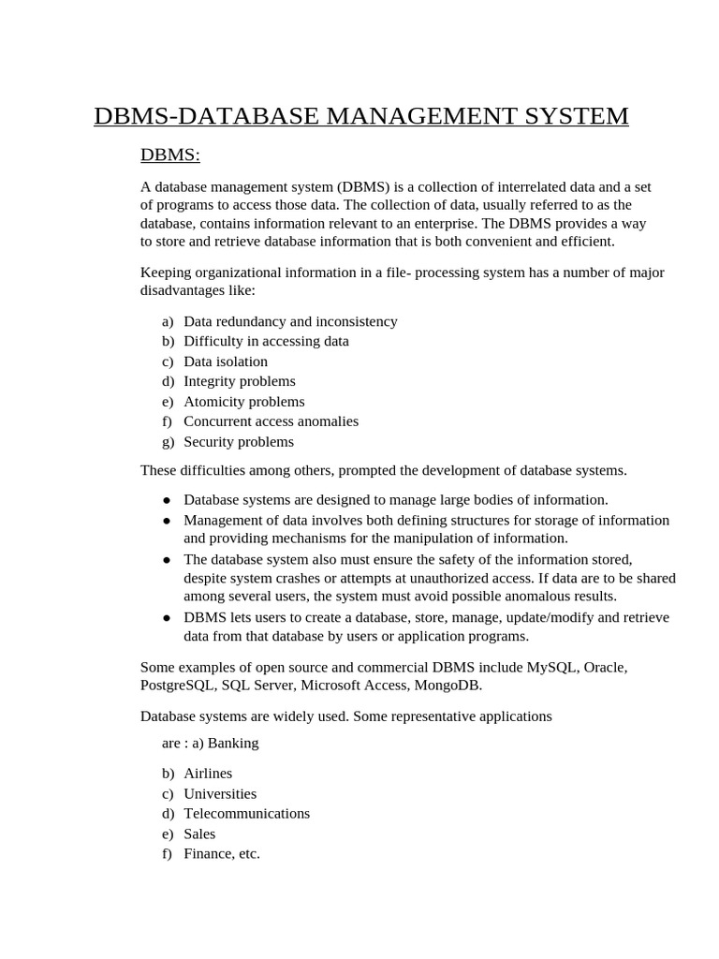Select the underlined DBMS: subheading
point(169,154)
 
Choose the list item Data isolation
point(226,361)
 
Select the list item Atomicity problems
point(243,402)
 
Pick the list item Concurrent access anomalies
point(271,421)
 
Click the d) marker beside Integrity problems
point(168,381)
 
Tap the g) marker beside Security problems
point(168,442)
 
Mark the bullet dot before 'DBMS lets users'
point(167,618)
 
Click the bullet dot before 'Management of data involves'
point(167,521)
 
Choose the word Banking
point(233,743)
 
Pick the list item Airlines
point(208,774)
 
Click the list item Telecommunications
point(246,814)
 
